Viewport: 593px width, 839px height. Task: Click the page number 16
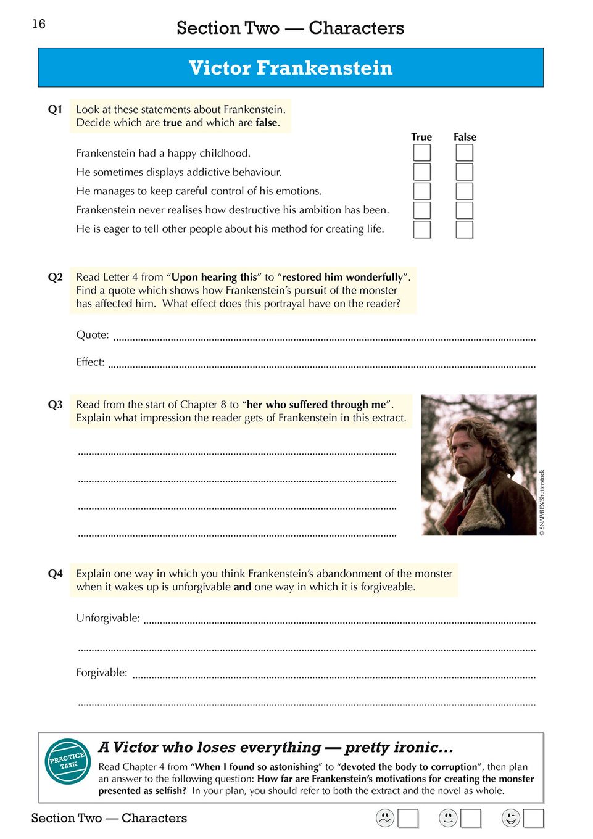pyautogui.click(x=39, y=24)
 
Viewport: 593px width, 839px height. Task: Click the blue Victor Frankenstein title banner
pyautogui.click(x=291, y=68)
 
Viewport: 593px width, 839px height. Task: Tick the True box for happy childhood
pyautogui.click(x=422, y=152)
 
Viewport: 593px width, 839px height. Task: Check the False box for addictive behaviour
pyautogui.click(x=464, y=172)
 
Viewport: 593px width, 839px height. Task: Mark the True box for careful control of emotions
pyautogui.click(x=422, y=191)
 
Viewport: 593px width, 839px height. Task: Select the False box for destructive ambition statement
pyautogui.click(x=464, y=210)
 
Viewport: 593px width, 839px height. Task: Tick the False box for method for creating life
pyautogui.click(x=464, y=229)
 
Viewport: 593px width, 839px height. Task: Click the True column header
pyautogui.click(x=421, y=137)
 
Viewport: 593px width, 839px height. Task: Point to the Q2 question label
pyautogui.click(x=56, y=277)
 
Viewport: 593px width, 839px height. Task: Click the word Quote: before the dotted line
pyautogui.click(x=93, y=335)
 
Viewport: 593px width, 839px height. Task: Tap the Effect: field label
pyautogui.click(x=90, y=362)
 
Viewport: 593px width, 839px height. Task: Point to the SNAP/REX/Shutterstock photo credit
pyautogui.click(x=542, y=503)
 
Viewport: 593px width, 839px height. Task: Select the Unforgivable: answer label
pyautogui.click(x=108, y=618)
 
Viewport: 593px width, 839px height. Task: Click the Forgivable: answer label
pyautogui.click(x=102, y=672)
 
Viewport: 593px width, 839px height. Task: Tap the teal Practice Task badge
pyautogui.click(x=68, y=761)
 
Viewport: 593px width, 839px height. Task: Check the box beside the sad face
pyautogui.click(x=408, y=818)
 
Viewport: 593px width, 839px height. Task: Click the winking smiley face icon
pyautogui.click(x=511, y=818)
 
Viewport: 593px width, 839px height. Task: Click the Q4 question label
pyautogui.click(x=56, y=574)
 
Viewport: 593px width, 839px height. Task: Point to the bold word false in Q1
pyautogui.click(x=267, y=123)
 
